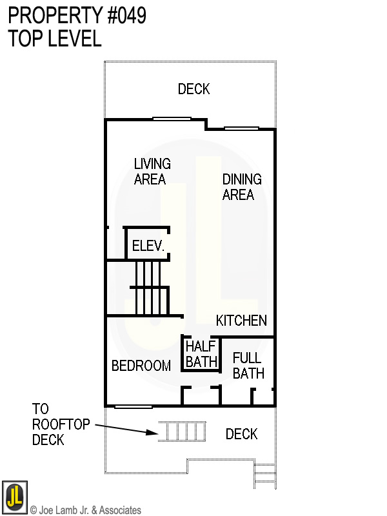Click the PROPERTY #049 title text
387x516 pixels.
[x=77, y=15]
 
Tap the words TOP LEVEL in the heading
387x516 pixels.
[x=55, y=39]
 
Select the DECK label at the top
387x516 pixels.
[x=193, y=89]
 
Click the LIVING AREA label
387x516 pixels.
[x=152, y=172]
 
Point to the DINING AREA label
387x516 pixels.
[x=241, y=186]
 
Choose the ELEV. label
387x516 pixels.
[x=148, y=246]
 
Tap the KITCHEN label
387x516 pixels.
[x=241, y=321]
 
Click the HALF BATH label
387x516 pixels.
[x=201, y=354]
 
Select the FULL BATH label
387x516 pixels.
[x=248, y=366]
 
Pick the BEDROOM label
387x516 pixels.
[x=141, y=366]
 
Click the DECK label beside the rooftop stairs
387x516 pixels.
[x=242, y=434]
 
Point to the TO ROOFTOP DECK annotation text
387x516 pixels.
[x=49, y=424]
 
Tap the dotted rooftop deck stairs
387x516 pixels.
[x=183, y=432]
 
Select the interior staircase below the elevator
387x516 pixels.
[x=151, y=288]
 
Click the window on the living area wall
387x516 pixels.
[x=172, y=119]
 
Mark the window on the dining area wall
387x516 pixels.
[x=241, y=128]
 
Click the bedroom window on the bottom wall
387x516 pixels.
[x=134, y=406]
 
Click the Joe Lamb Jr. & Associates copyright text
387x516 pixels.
[x=85, y=510]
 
